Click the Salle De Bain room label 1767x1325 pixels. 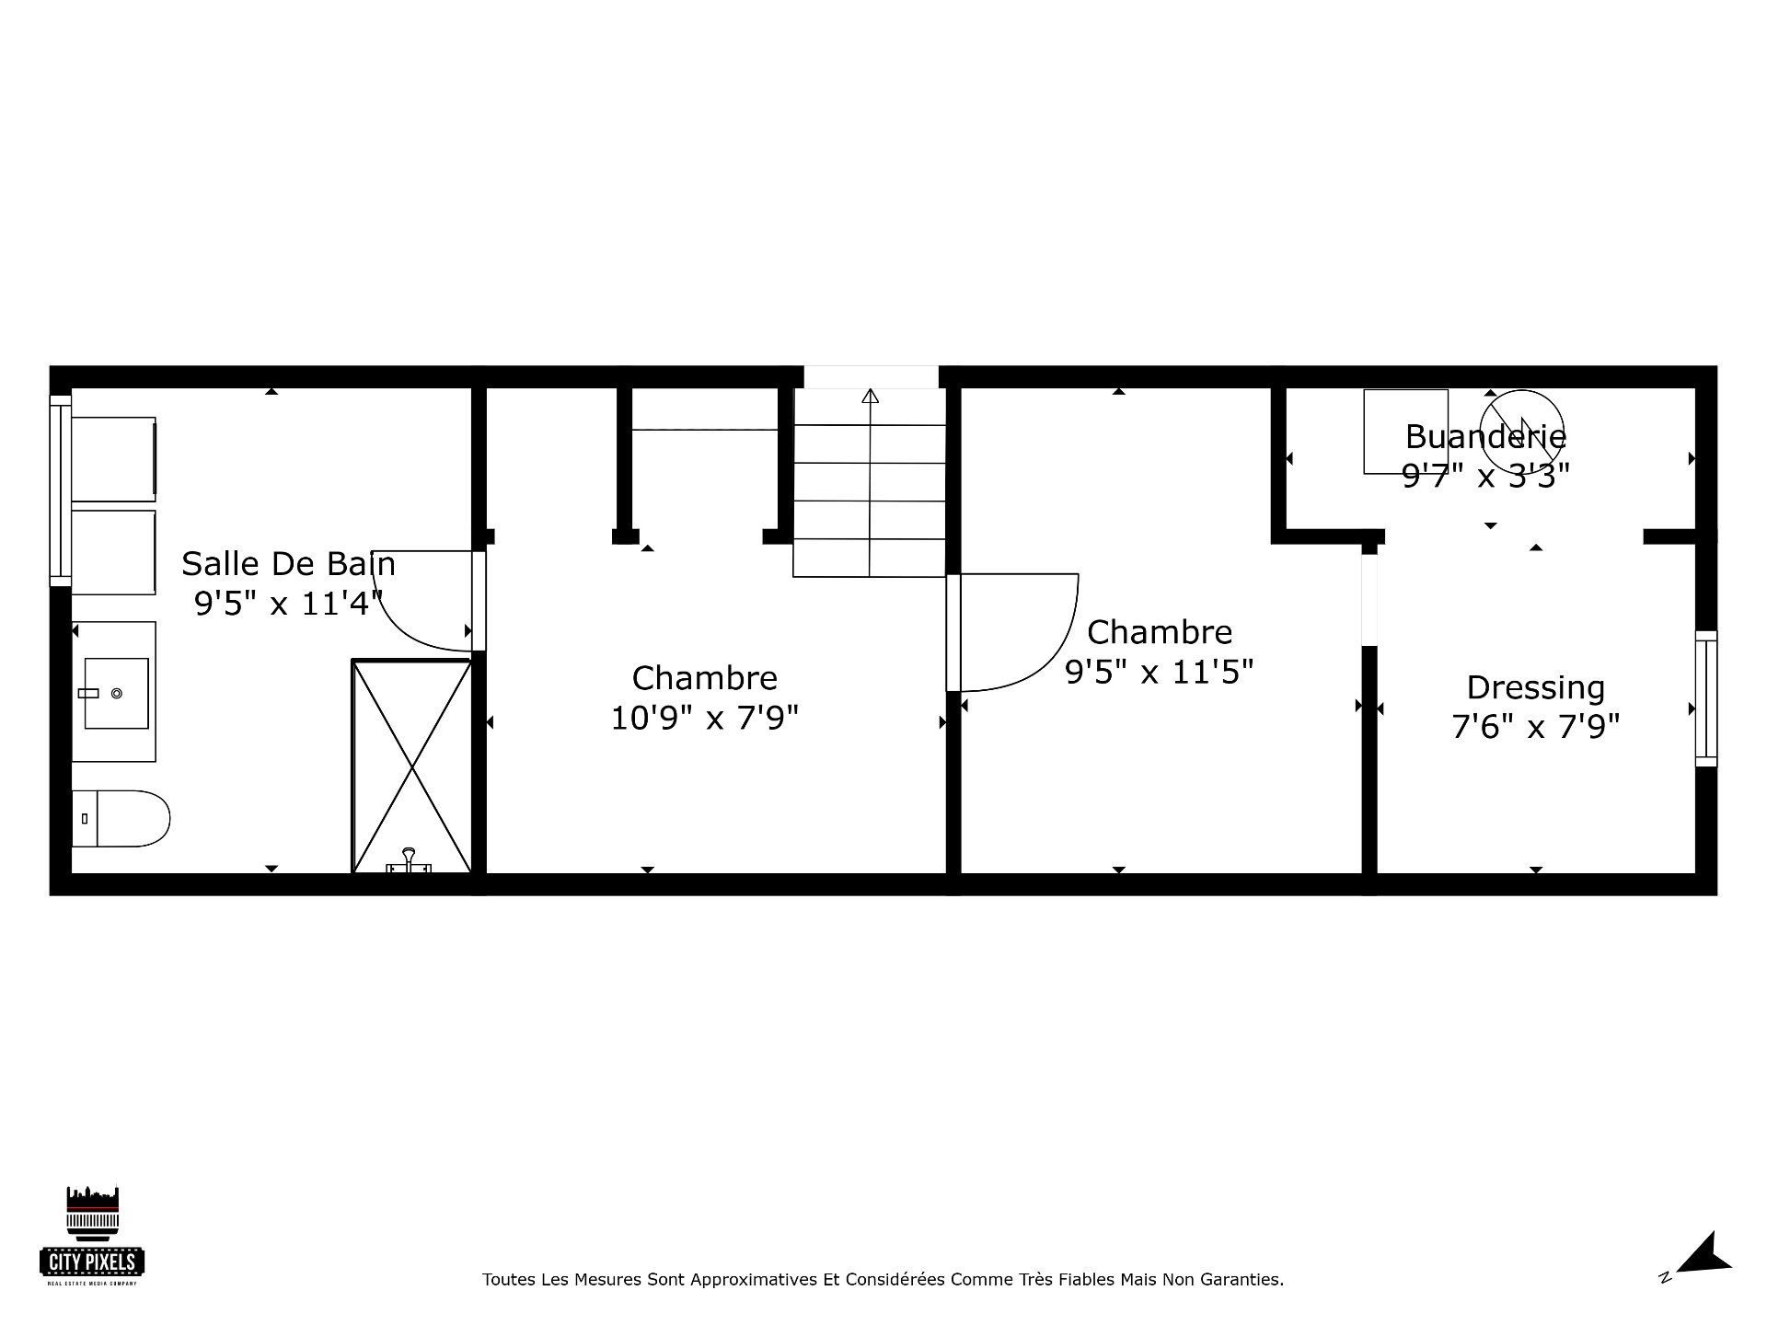(x=288, y=563)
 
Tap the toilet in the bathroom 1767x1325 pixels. (x=121, y=818)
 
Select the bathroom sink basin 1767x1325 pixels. (x=117, y=693)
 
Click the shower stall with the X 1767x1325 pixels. (x=412, y=766)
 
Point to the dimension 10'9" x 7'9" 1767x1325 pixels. (x=705, y=718)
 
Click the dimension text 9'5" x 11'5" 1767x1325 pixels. (x=1160, y=673)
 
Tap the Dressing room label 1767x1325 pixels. (x=1535, y=687)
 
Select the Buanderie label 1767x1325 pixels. (x=1485, y=436)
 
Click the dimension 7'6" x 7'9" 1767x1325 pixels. (x=1535, y=727)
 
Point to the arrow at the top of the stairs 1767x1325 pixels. (x=870, y=396)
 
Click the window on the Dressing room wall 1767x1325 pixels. (x=1706, y=698)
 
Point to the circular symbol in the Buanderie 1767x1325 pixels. (x=1521, y=420)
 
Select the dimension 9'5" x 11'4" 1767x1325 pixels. (x=288, y=604)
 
